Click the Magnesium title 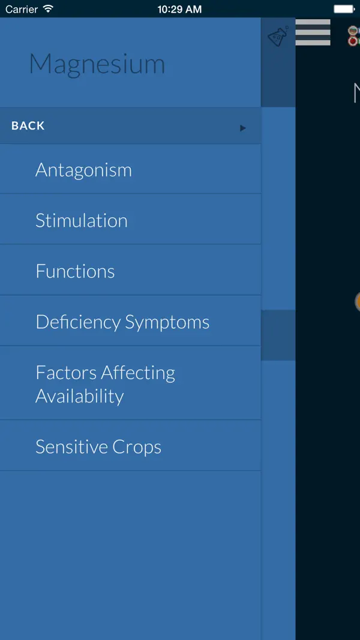click(x=97, y=64)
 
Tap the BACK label click(x=28, y=126)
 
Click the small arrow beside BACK click(x=243, y=128)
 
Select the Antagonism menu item click(x=83, y=170)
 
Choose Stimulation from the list click(x=82, y=221)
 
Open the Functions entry click(x=75, y=271)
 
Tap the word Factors click(x=66, y=372)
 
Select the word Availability click(x=79, y=396)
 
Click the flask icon click(x=278, y=37)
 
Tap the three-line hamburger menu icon click(x=313, y=32)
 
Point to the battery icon click(x=344, y=9)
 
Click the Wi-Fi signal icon click(x=48, y=9)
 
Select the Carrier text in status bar click(x=22, y=9)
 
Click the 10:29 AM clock click(x=179, y=9)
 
